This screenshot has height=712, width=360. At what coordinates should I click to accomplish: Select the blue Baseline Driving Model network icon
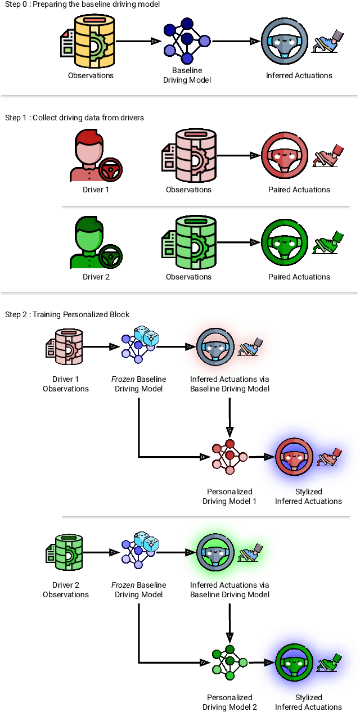coord(187,40)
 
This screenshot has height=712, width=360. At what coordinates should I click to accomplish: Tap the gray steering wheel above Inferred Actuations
coord(285,41)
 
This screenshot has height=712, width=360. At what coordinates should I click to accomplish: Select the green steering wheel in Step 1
coord(285,243)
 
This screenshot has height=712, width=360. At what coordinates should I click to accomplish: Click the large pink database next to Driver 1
coord(188,156)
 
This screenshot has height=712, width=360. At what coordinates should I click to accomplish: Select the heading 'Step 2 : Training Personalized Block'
coord(67,314)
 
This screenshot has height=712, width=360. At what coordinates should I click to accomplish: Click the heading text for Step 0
coord(82,4)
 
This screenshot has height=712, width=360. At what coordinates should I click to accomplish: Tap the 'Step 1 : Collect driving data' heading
coord(74,118)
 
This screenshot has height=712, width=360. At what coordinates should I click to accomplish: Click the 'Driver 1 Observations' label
coord(66,384)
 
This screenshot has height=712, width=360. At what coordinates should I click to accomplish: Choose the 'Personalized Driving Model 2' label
coord(229,702)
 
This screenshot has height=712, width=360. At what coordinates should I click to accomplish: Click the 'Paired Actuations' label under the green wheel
coord(299,277)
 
